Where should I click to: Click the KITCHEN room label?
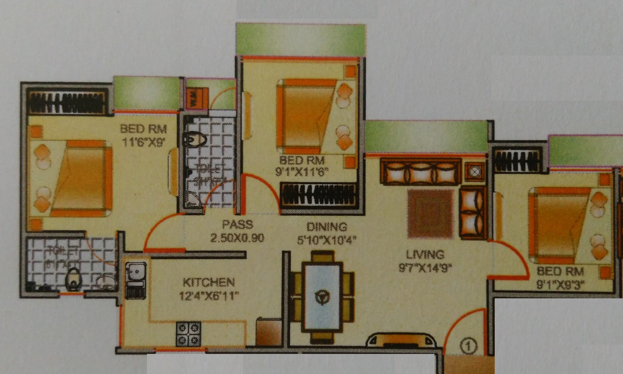click(x=208, y=282)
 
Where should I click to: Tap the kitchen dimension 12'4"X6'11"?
click(x=209, y=296)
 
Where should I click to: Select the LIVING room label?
click(x=425, y=255)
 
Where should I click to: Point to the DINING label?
click(x=326, y=227)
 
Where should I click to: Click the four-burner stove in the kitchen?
click(x=188, y=334)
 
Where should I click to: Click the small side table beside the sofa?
click(x=475, y=172)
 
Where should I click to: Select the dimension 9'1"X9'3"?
click(x=560, y=286)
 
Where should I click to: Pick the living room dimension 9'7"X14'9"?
click(x=425, y=268)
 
